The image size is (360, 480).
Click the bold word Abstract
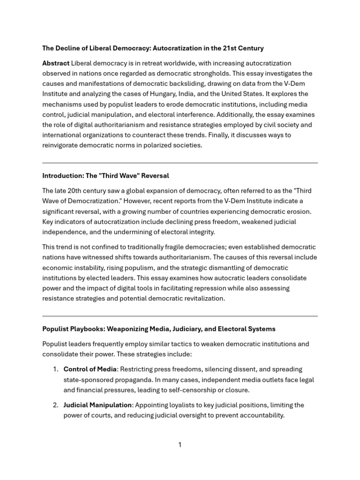56,63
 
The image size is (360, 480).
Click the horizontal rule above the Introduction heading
180,163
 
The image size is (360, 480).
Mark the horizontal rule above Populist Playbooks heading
180,316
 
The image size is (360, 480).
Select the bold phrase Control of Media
90,369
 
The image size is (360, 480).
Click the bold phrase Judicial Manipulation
98,405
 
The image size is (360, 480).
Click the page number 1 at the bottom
180,445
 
